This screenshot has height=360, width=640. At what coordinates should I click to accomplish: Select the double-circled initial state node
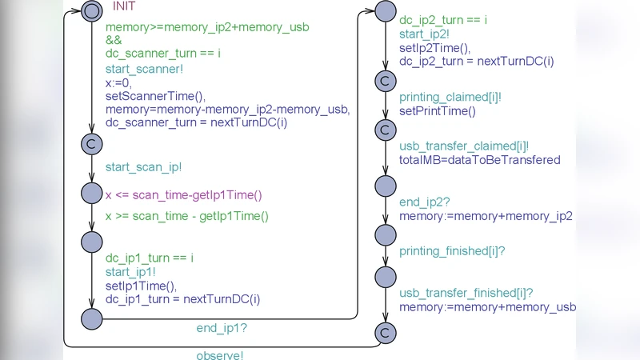coord(92,11)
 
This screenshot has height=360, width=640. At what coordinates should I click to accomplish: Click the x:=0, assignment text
coord(119,82)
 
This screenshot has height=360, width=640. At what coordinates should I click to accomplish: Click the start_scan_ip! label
coord(143,167)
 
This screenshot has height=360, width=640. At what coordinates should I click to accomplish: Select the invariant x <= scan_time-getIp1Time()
coord(184,195)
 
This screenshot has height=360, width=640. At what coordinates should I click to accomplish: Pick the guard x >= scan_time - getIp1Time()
coord(187,216)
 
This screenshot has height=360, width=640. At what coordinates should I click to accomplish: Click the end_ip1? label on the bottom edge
coord(222,328)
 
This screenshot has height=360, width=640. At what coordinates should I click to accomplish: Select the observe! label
coord(220,355)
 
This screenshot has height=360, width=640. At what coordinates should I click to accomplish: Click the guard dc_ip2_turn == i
coord(443,20)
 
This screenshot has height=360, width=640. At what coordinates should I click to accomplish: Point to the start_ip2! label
coord(424,34)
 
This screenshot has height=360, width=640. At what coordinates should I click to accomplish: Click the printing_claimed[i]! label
coord(450,98)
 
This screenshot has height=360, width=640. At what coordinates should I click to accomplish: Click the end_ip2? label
coord(424,202)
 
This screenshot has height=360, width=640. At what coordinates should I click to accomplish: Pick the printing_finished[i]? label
coord(452,251)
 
